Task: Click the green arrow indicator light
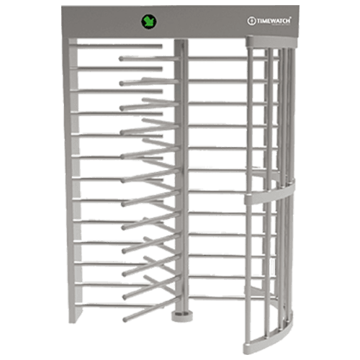pos(149,22)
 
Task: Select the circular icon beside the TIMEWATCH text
pos(251,21)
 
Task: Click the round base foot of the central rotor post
pos(181,315)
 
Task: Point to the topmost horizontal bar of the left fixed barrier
pos(120,46)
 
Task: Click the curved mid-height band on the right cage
pos(269,193)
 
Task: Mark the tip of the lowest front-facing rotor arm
pos(125,320)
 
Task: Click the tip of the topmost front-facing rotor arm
pos(121,58)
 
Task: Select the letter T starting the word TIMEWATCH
pos(258,22)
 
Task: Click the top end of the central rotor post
pos(181,42)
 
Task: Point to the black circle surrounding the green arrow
pos(149,22)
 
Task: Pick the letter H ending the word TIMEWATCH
pos(288,21)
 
